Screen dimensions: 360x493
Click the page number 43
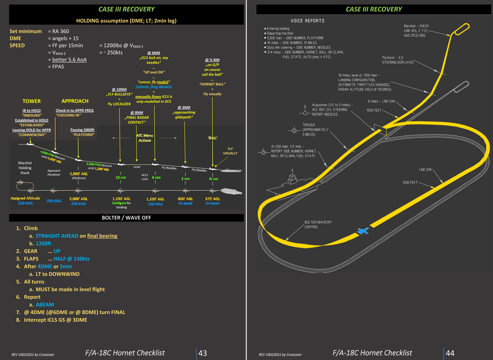pos(202,353)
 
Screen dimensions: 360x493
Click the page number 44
pos(450,353)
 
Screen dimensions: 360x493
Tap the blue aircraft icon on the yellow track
pos(363,231)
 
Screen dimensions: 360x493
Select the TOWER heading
pos(32,101)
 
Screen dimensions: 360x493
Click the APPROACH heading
pos(75,101)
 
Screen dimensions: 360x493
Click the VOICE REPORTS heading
pos(308,21)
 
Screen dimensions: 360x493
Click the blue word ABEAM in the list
pos(45,305)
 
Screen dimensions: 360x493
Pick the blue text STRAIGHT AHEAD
pos(57,236)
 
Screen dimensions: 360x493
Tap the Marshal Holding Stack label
pos(25,168)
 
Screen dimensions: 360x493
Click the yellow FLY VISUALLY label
pos(230,151)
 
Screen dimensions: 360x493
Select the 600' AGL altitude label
pos(185,198)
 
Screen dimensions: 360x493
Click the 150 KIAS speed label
pos(156,204)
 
